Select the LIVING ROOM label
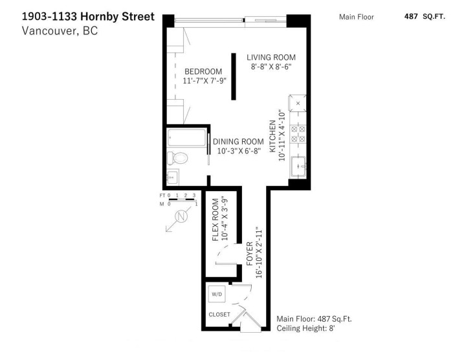click(271, 58)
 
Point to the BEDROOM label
click(203, 71)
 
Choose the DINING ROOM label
click(238, 142)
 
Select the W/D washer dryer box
click(216, 295)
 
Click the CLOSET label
click(219, 315)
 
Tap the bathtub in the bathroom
click(186, 138)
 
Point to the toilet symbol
click(177, 157)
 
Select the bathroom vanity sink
click(172, 176)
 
